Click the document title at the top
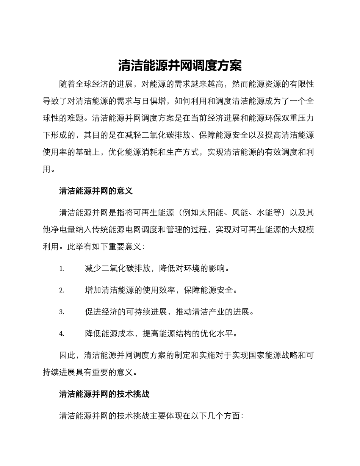tap(180, 66)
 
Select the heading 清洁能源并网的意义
tap(96, 191)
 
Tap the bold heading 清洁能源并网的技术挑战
tap(104, 394)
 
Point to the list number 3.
tap(61, 312)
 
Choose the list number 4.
tap(61, 334)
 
